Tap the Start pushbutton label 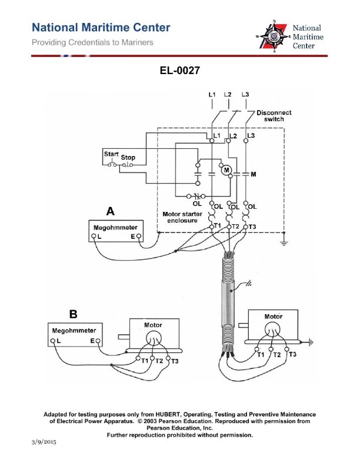111,154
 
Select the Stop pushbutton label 128,158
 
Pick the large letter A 109,211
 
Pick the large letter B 73,314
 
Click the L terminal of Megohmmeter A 94,237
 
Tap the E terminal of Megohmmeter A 139,237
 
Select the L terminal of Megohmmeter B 53,341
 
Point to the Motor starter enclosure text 183,218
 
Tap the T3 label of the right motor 292,354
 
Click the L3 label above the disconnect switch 245,95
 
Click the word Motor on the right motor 273,317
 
